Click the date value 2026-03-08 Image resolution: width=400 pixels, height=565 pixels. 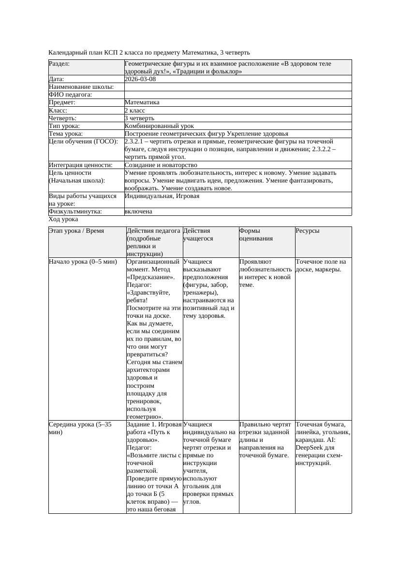click(x=140, y=79)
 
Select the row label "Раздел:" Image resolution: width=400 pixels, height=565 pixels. click(x=59, y=64)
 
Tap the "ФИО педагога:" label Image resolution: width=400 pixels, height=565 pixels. click(x=71, y=95)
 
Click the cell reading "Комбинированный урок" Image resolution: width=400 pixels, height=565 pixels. click(x=155, y=126)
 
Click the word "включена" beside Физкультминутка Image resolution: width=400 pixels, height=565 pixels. click(x=138, y=212)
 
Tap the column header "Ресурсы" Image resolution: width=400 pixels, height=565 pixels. click(x=308, y=231)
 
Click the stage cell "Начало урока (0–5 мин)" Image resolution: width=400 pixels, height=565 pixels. click(x=83, y=262)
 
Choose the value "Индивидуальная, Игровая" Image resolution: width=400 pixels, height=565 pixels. click(x=162, y=196)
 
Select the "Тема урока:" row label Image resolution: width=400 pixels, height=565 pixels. click(x=66, y=134)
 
